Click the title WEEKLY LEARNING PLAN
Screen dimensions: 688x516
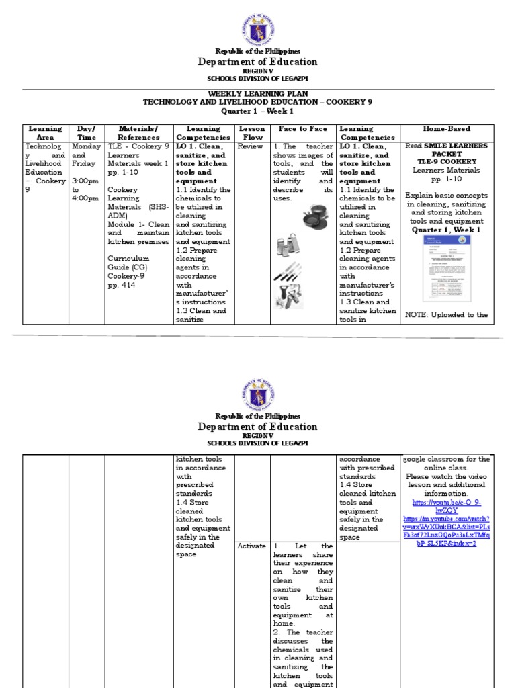[258, 93]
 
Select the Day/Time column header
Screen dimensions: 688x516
[87, 132]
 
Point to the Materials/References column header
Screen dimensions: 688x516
[138, 132]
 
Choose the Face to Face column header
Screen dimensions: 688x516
[302, 128]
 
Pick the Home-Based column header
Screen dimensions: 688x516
[446, 128]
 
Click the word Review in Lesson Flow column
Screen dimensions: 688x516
[251, 146]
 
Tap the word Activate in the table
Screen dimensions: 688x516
[252, 546]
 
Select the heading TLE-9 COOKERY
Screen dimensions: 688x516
[447, 162]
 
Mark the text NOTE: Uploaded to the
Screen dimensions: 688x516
[447, 315]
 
